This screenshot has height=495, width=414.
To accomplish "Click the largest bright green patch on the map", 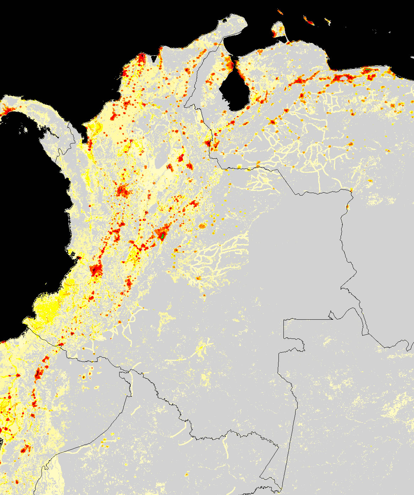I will [x=162, y=236].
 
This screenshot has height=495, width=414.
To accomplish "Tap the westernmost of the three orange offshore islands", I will [x=280, y=12].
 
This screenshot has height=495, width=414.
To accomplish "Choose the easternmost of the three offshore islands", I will [x=328, y=22].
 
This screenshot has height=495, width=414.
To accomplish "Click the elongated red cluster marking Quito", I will [x=39, y=373].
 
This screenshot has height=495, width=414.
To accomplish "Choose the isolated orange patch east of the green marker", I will [x=202, y=226].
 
